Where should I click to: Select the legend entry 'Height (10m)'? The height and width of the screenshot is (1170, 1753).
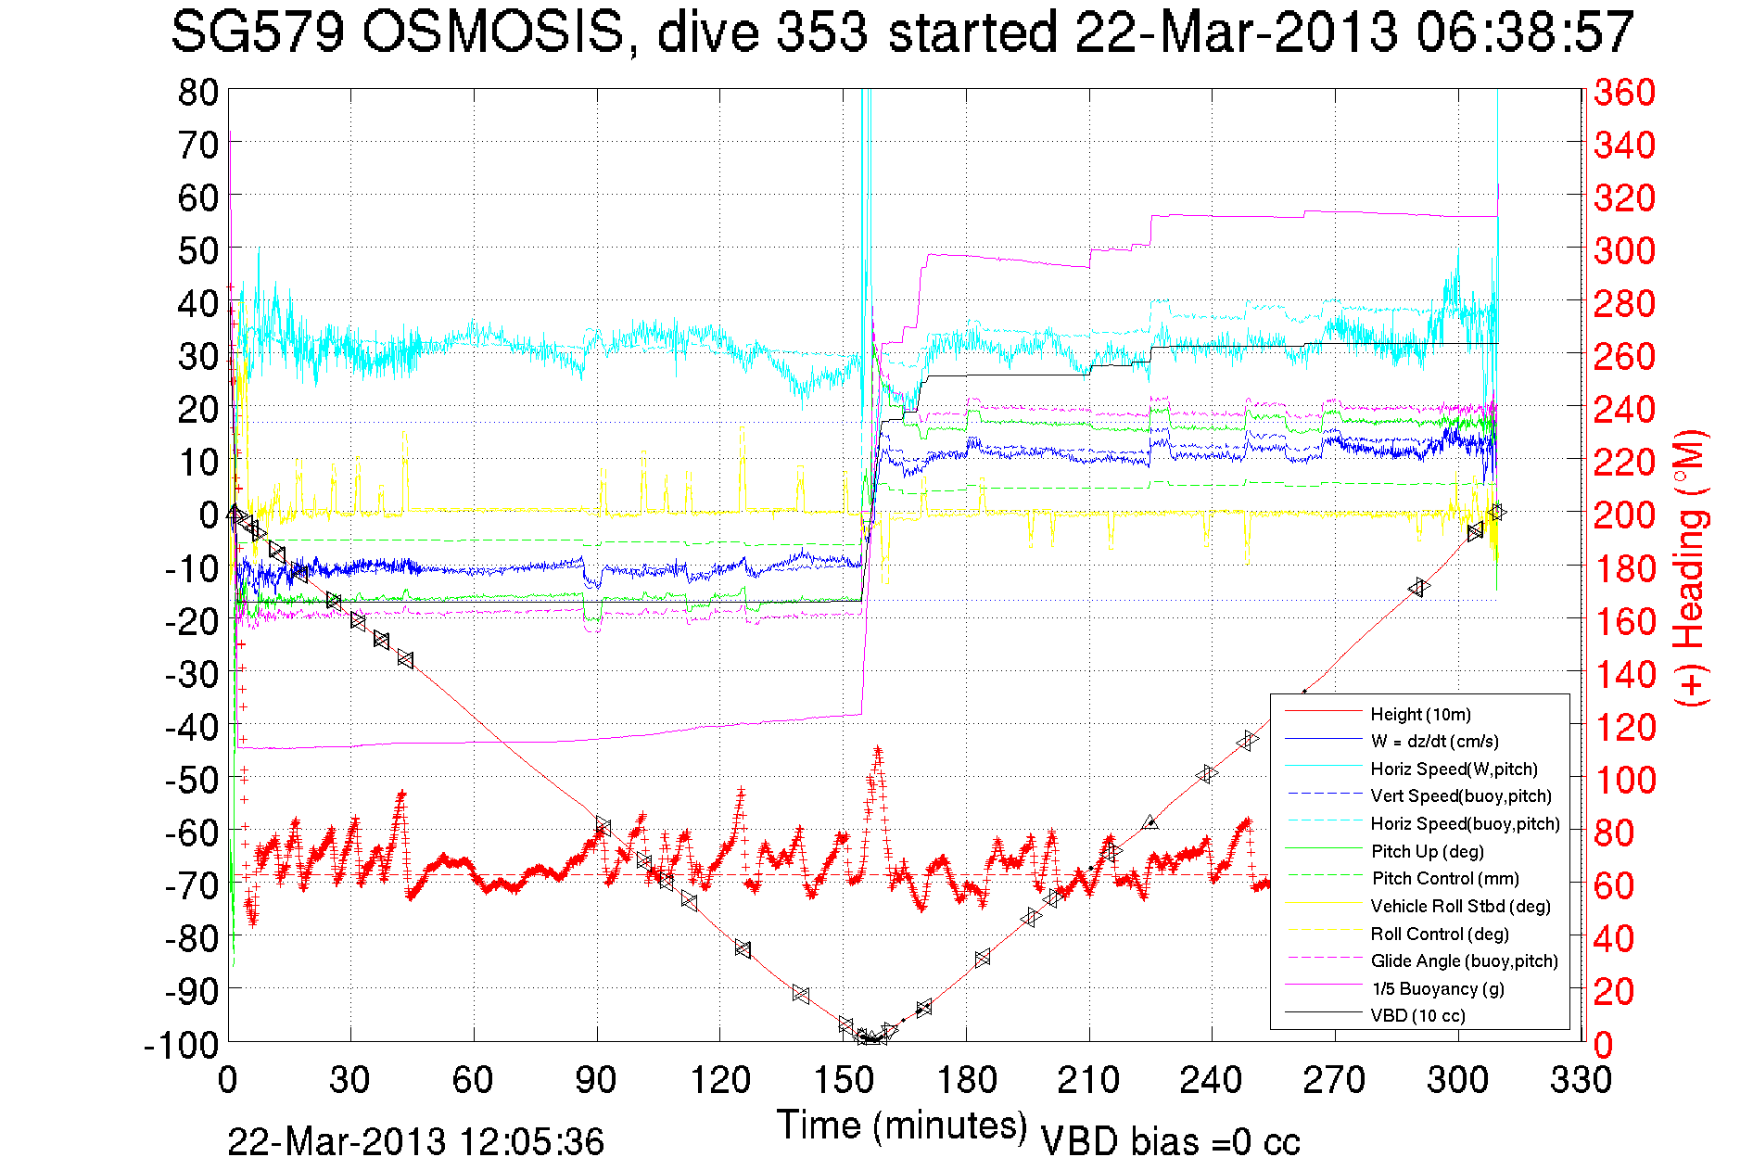coord(1420,714)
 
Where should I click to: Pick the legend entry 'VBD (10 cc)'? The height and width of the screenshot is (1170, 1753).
coord(1417,1016)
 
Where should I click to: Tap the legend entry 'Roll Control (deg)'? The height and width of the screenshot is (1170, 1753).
coord(1439,934)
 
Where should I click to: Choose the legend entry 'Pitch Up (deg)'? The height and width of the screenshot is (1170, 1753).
coord(1427,851)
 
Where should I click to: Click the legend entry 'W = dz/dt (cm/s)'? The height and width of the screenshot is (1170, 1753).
coord(1434,741)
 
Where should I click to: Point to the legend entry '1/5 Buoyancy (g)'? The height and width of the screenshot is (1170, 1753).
coord(1438,988)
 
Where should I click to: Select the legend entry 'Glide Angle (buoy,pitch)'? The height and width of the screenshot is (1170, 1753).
coord(1464,961)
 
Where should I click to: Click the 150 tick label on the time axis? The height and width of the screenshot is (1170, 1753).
coord(843,1080)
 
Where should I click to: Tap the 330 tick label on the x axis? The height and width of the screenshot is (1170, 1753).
coord(1581,1080)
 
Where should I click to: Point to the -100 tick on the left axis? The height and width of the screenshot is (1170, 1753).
coord(181,1045)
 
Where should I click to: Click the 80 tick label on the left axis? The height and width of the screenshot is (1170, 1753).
coord(197,92)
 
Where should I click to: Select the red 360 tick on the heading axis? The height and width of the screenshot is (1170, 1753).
coord(1624,92)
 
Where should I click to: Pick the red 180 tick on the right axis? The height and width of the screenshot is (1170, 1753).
coord(1624,568)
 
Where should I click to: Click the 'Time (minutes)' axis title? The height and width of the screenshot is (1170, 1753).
coord(902,1125)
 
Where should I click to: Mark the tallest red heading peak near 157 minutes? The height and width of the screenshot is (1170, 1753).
coord(877,749)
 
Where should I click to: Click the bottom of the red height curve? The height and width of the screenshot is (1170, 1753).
coord(871,1039)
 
